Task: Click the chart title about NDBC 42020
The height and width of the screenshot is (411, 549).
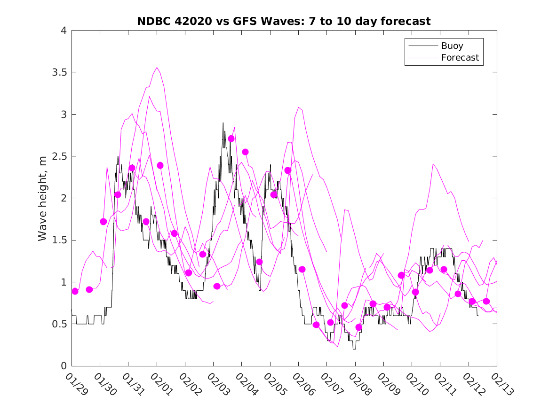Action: point(284,21)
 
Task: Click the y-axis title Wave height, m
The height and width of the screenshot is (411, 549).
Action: point(43,198)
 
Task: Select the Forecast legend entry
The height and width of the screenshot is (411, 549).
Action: point(460,58)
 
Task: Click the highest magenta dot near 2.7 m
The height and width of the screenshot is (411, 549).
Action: point(231,139)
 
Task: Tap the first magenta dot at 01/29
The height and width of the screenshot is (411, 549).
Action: point(75,291)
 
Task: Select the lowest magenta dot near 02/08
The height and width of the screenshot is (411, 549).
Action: point(358,327)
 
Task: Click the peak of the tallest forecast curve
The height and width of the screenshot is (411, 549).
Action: point(157,67)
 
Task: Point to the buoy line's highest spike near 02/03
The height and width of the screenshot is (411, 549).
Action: point(223,123)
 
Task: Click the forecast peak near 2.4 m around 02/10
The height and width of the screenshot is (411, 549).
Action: point(433,163)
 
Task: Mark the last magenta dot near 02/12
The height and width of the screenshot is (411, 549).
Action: point(486,301)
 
